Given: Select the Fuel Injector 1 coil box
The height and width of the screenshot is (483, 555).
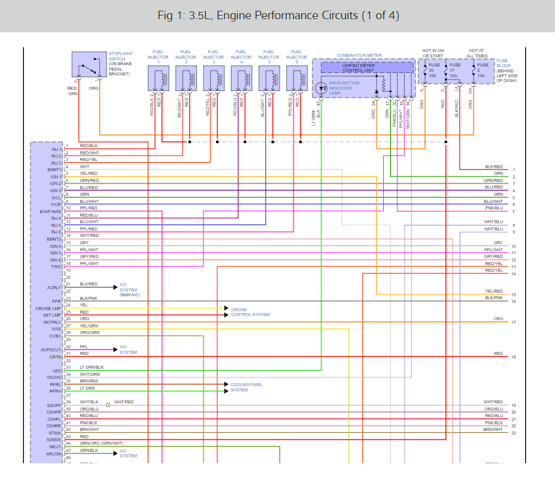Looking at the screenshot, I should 159,78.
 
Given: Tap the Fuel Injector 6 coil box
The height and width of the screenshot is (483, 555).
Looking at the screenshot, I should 296,78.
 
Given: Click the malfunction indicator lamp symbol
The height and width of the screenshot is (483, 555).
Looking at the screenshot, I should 321,87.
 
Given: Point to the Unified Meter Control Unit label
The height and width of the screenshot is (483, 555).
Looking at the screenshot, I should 367,68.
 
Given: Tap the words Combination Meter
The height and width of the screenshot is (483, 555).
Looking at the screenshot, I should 359,56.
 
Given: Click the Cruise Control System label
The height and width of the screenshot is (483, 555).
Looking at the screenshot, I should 250,312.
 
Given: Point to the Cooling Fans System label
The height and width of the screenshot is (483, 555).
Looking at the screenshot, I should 246,387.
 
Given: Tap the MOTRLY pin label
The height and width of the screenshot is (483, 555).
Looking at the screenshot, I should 52,322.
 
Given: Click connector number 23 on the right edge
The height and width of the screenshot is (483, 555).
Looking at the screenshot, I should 514,433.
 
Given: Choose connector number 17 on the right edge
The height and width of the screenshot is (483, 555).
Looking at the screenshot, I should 514,323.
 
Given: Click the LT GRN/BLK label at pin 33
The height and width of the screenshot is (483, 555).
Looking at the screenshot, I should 92,367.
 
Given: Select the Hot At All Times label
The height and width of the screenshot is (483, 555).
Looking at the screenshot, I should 478,54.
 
